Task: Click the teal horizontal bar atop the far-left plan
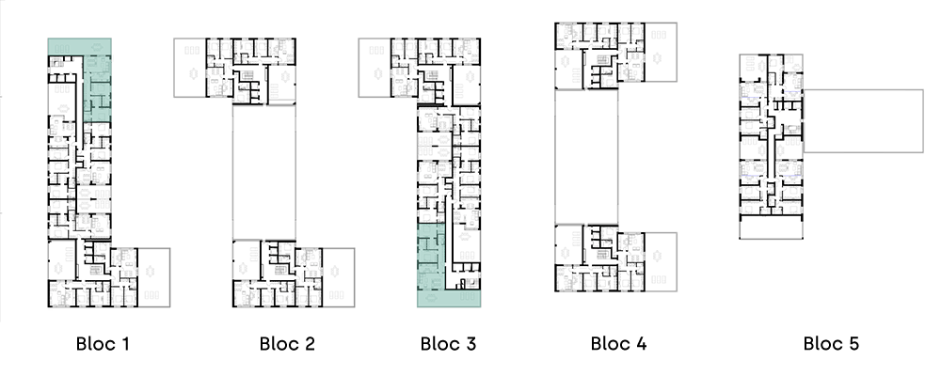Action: (x=80, y=46)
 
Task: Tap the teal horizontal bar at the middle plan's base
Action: (x=449, y=298)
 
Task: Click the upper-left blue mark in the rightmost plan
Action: (x=750, y=90)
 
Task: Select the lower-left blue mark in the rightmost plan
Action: (x=751, y=176)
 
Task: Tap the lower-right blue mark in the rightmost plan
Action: (x=791, y=176)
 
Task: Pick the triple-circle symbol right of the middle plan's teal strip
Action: (x=467, y=256)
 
